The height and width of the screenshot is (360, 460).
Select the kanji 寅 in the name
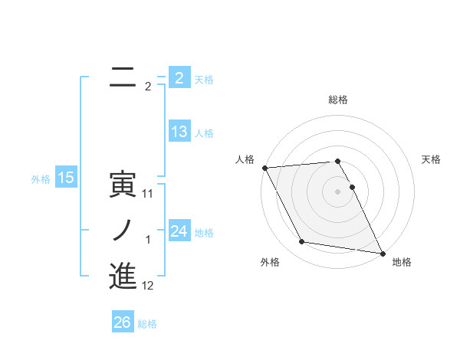(123, 185)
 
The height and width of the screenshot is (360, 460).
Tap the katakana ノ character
(123, 231)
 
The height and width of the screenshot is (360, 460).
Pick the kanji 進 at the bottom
(123, 277)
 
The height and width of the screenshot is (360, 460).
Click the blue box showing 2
(179, 78)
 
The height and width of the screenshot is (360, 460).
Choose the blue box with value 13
(179, 132)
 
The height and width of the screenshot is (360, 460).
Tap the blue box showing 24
(179, 231)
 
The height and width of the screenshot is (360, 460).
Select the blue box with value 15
(66, 178)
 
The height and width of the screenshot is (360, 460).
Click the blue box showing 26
(122, 322)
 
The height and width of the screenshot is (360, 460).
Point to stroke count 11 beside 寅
(148, 194)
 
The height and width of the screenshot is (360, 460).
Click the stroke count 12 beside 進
(148, 286)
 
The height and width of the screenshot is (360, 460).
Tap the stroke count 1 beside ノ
(148, 240)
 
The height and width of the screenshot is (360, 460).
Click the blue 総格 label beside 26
(147, 324)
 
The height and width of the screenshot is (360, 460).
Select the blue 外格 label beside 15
(41, 179)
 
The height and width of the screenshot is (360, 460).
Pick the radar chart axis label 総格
(338, 100)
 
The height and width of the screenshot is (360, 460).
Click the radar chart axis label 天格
(432, 159)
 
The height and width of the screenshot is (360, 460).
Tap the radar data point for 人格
(264, 168)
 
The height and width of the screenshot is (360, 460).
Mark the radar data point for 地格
(383, 253)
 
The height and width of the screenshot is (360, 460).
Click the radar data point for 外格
(302, 242)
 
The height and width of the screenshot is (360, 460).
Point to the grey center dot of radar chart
(338, 191)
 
